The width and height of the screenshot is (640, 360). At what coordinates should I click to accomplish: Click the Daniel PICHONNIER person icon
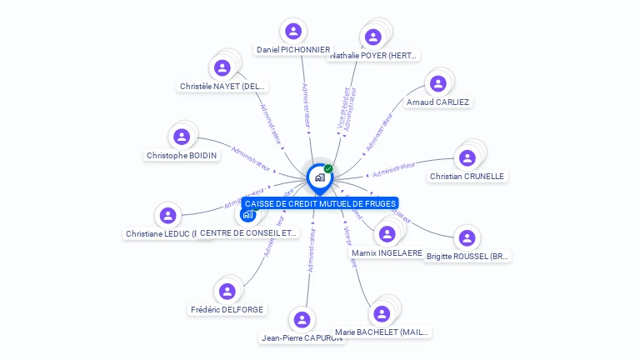coord(292,32)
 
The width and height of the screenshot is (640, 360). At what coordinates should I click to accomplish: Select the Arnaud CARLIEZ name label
coord(437,102)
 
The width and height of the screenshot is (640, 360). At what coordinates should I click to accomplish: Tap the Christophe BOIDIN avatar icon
coord(181,137)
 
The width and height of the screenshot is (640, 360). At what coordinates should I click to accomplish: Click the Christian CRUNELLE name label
coord(467,177)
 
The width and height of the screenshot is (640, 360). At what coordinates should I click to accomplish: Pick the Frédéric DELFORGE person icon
coord(227,291)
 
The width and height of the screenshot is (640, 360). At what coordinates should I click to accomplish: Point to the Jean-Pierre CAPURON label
coord(302,338)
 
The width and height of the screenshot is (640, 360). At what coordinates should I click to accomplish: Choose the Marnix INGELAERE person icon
coord(386,234)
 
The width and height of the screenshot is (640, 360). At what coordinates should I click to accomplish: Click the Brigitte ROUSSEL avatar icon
coord(467,238)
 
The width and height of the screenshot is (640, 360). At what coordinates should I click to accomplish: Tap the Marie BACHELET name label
coord(382,332)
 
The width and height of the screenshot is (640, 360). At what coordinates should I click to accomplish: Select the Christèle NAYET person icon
coord(222,68)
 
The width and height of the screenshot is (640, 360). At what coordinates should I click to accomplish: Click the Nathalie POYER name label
coord(373,56)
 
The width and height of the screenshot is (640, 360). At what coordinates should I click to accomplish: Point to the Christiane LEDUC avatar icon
coord(169,216)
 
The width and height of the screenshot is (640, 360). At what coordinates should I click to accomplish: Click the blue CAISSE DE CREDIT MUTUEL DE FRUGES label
coord(320,203)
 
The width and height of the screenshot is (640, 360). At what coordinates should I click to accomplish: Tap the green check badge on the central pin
coord(328,168)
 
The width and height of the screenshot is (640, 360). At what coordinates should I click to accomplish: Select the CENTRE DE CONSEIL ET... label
coord(248,233)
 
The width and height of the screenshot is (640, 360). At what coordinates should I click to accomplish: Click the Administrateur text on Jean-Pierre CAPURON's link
coord(311,251)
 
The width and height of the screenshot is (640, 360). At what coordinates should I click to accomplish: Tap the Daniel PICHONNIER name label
coord(292,50)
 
